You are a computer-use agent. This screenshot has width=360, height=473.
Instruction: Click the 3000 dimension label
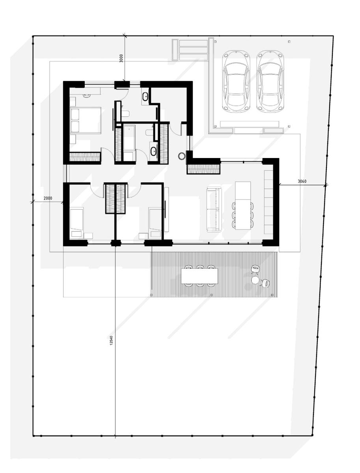coord(121,58)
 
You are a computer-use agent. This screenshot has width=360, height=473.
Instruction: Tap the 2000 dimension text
coord(48,198)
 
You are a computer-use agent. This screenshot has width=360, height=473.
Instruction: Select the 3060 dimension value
coord(302,181)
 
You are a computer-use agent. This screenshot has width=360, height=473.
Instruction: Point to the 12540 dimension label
coord(111,341)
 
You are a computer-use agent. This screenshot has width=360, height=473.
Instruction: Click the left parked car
coord(236,81)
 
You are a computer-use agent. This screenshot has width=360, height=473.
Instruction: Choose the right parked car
coord(270,81)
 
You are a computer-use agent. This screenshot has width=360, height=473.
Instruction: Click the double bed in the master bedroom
coord(86,120)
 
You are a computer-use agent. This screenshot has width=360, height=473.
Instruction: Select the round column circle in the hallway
coord(181,156)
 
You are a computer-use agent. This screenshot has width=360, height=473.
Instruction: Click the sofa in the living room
coord(214,209)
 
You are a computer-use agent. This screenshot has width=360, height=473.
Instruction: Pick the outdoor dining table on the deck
coord(200,276)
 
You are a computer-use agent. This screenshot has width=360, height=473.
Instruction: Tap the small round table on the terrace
coord(256,280)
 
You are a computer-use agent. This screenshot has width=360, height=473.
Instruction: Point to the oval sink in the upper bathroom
coord(145,96)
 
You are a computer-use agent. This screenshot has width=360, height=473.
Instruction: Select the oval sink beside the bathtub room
coord(153,151)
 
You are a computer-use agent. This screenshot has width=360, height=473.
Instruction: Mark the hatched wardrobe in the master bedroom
coord(85,156)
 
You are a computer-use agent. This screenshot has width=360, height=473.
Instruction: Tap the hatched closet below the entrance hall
coord(204,169)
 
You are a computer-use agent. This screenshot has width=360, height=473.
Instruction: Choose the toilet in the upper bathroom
coord(125,113)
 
